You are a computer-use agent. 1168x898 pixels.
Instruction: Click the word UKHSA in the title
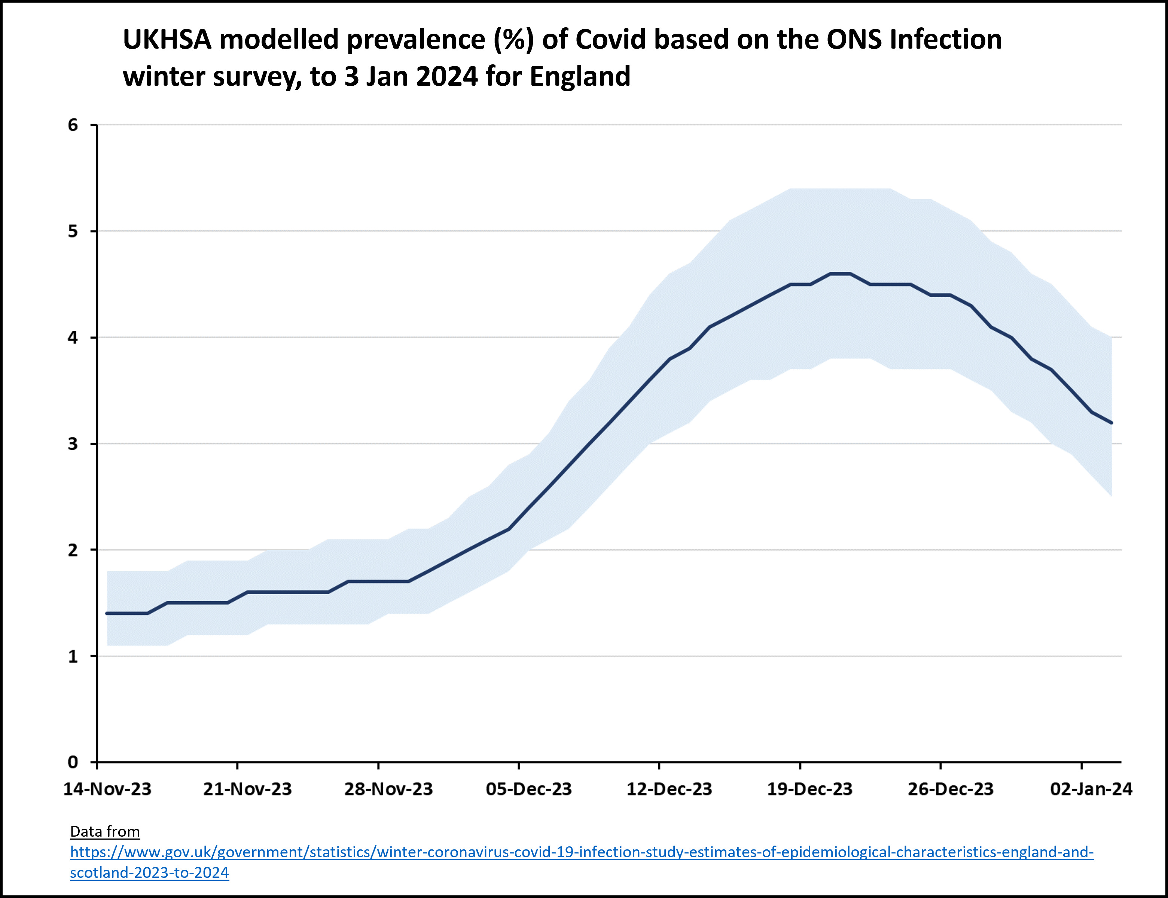167,40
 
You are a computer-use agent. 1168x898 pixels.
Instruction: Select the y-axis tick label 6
73,125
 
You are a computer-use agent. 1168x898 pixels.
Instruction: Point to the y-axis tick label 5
73,232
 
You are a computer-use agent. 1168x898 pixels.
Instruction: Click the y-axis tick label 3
73,444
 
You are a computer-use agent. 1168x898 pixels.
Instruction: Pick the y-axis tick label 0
73,762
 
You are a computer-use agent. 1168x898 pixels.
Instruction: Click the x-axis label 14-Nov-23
107,789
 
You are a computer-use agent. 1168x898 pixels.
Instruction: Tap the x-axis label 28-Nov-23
388,789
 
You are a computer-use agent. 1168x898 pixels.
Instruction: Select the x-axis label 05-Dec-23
529,789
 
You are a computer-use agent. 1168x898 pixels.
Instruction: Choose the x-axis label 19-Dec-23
810,789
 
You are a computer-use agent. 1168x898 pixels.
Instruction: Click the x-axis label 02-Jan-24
1091,789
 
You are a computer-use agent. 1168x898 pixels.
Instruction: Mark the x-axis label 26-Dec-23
951,789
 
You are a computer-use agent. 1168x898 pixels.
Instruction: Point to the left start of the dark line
107,613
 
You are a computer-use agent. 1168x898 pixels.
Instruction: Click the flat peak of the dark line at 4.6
840,274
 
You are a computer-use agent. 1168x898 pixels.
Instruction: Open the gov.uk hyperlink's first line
582,852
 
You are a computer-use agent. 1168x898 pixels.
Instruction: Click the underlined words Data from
105,832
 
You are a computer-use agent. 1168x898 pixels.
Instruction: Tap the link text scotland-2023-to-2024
149,873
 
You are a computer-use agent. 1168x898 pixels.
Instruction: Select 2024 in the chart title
446,76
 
